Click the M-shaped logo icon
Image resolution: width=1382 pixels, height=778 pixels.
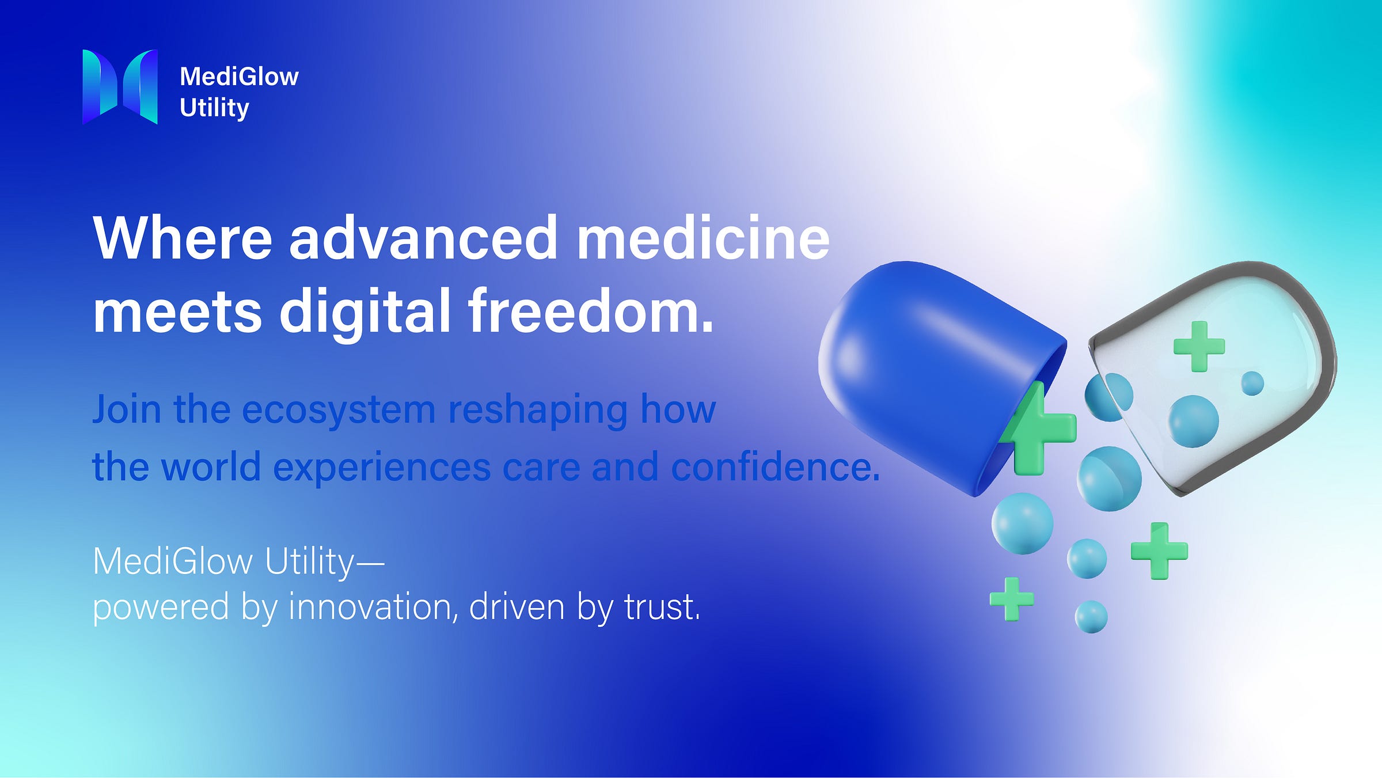tap(120, 86)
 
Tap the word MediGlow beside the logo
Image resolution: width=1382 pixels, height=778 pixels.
tap(239, 77)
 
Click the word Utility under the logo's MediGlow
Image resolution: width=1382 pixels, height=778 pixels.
tap(214, 108)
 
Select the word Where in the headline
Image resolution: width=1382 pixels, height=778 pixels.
tap(183, 238)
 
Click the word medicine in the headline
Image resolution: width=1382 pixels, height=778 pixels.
tap(703, 238)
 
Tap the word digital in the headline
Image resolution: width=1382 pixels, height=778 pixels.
tap(365, 312)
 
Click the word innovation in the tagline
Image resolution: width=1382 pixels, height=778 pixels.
tap(369, 607)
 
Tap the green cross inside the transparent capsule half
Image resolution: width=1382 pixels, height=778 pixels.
tap(1199, 346)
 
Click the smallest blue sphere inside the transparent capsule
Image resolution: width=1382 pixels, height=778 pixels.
tap(1252, 383)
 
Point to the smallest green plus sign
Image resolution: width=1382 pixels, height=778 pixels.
tap(1012, 599)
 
